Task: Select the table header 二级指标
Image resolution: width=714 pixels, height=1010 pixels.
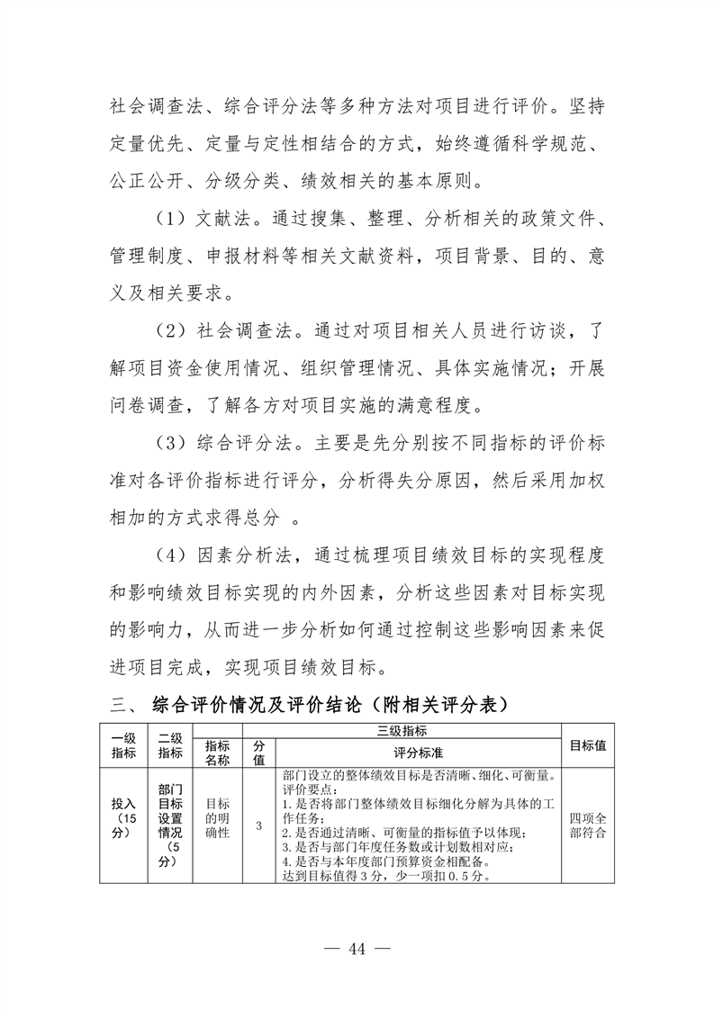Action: click(169, 744)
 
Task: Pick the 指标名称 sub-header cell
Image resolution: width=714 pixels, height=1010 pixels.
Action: click(217, 753)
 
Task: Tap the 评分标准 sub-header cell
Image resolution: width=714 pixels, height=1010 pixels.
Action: click(418, 753)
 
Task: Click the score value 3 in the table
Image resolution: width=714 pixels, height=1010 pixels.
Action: click(259, 825)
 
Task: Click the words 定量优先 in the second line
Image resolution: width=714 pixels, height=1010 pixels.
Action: click(140, 140)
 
